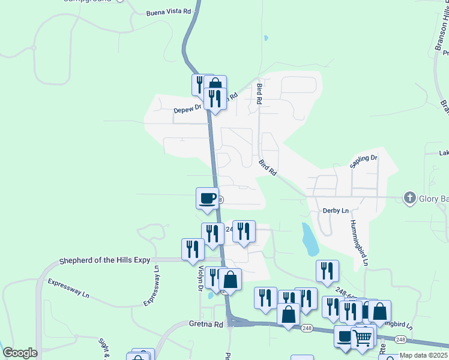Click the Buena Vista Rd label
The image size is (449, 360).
(x=169, y=11)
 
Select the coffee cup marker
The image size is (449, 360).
(x=208, y=198)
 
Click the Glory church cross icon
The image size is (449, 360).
(x=410, y=197)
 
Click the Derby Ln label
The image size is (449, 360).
(x=336, y=211)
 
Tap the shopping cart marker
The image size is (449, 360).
(x=362, y=337)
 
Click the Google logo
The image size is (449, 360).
(x=19, y=353)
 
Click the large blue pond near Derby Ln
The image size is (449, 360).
(x=310, y=239)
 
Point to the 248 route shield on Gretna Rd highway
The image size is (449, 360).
(x=307, y=328)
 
